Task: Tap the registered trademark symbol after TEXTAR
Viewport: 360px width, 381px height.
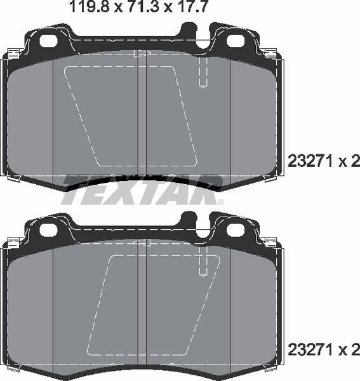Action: coord(220,202)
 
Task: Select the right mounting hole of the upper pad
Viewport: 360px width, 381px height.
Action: coord(234,40)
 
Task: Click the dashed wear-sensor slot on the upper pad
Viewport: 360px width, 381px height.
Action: coord(203,73)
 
